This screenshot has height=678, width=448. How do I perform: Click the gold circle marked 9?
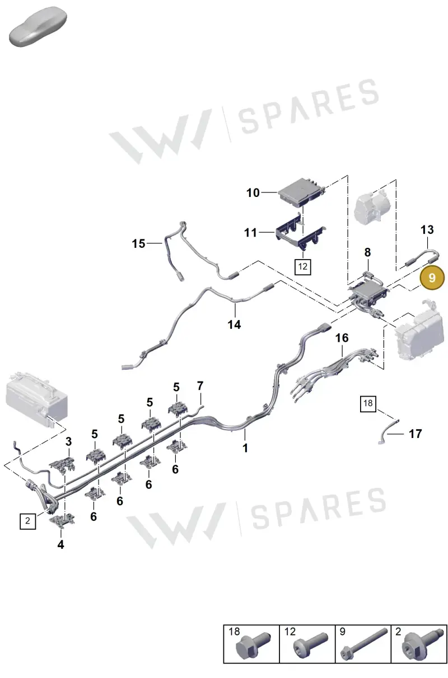coord(432,277)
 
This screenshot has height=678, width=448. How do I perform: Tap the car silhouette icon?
coord(38,26)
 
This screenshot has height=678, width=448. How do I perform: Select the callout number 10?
coord(253,193)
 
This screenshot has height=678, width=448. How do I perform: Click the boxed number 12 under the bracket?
coord(302,267)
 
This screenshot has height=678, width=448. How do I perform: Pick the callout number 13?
coord(427,230)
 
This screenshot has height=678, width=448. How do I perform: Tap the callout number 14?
coord(234,324)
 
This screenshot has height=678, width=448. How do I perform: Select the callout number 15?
coord(139,244)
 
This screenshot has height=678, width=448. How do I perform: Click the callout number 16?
coord(342,338)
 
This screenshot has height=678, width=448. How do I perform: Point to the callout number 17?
coord(416,434)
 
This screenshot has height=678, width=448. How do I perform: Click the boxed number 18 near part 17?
coord(368,403)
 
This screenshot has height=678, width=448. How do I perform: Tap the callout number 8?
coord(367,252)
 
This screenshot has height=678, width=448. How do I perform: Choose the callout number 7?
coord(200,386)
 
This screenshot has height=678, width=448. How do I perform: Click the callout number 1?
coord(245,448)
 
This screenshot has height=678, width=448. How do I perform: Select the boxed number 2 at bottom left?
coord(27,521)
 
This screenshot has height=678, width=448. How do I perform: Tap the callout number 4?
coord(60,545)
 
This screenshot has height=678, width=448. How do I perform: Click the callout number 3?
coord(69,441)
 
